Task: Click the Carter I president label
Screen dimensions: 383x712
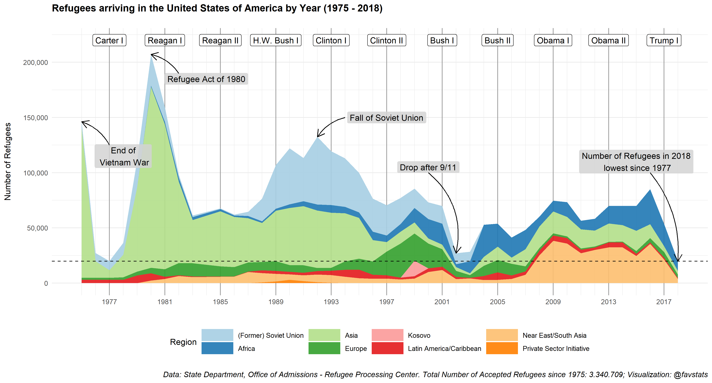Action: pos(109,40)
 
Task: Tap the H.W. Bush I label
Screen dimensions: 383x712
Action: pos(275,40)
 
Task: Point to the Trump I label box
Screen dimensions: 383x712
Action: pos(664,40)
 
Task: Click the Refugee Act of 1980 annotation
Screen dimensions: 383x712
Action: pos(206,79)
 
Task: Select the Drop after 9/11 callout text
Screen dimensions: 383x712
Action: pos(428,167)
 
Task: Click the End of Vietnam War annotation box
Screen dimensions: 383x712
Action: pos(123,156)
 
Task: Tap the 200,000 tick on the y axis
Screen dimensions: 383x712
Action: pos(35,62)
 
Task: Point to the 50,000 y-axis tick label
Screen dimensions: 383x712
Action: pos(37,228)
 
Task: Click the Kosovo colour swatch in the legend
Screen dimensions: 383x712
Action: pos(387,335)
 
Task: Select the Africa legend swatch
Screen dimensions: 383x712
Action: pos(217,348)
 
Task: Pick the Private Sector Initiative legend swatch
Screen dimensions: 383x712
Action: pos(502,348)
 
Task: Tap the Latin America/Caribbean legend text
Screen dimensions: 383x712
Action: pos(444,349)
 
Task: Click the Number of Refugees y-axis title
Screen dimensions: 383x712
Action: pos(8,162)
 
